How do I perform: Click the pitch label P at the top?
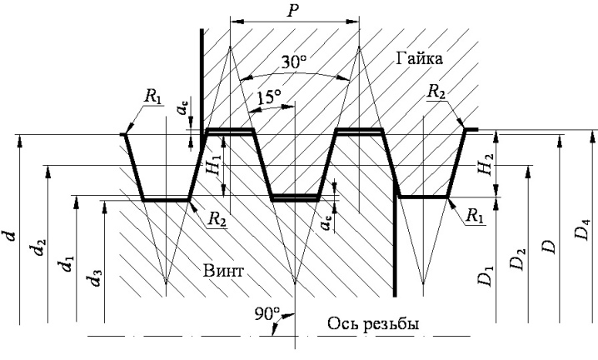292,10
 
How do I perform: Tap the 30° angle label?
294,62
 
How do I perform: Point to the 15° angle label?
269,97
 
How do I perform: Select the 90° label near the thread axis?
267,314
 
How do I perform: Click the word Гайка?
419,58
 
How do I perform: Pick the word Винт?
223,271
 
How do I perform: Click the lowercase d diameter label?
12,235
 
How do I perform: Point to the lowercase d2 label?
39,247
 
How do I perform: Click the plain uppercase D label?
549,246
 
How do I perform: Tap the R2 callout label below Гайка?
436,92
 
